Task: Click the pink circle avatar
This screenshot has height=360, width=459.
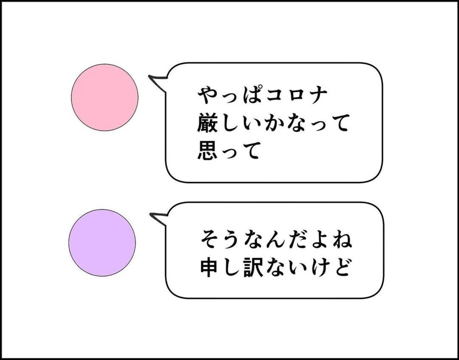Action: pyautogui.click(x=104, y=97)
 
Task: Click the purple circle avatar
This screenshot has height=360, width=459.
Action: pyautogui.click(x=102, y=243)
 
